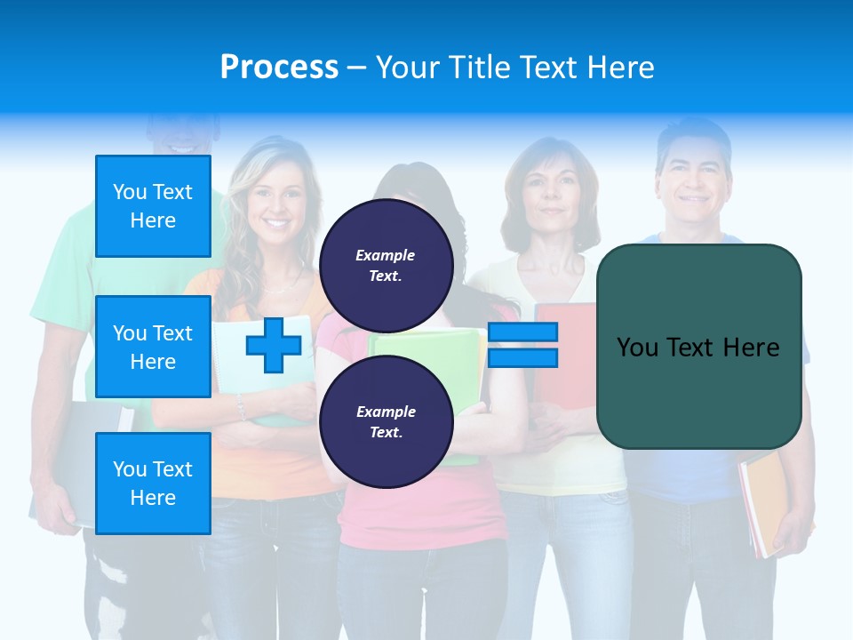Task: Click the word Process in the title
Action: click(x=279, y=68)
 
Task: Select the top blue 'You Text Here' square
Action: click(x=153, y=206)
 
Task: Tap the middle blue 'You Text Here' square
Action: click(x=153, y=347)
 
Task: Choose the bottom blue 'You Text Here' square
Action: click(x=153, y=484)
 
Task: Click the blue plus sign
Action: click(x=273, y=345)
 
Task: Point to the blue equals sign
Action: click(x=522, y=345)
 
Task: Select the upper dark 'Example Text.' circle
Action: click(x=386, y=265)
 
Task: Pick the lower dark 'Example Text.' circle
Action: click(x=386, y=421)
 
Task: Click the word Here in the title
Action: click(x=622, y=68)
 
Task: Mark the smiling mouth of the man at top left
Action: click(x=182, y=144)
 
